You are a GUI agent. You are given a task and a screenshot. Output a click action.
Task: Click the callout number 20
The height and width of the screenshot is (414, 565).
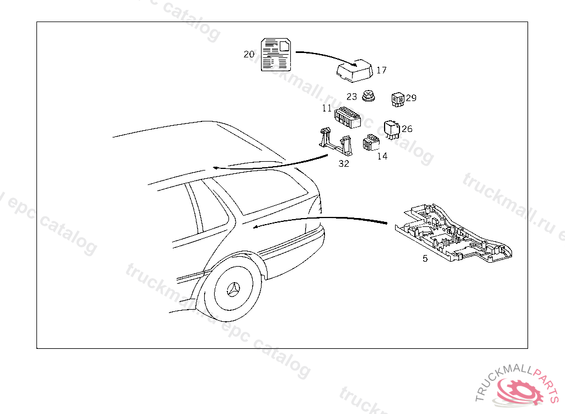click(x=249, y=54)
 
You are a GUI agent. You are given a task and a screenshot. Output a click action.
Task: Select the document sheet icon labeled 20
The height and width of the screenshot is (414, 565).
click(x=276, y=54)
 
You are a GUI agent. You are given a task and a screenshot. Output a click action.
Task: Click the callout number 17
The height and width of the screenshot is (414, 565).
click(x=381, y=70)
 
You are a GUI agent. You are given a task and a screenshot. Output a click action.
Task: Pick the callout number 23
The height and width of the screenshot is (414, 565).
click(x=352, y=97)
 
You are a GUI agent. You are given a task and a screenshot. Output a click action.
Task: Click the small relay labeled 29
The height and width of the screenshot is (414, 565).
click(x=397, y=99)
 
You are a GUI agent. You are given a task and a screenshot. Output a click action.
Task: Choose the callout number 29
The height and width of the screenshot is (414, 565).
click(x=411, y=98)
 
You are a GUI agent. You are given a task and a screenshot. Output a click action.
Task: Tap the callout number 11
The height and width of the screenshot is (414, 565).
click(x=327, y=109)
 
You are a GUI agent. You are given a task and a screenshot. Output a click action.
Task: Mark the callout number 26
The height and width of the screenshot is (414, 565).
click(x=407, y=129)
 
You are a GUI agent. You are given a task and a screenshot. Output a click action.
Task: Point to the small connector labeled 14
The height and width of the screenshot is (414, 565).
click(x=370, y=142)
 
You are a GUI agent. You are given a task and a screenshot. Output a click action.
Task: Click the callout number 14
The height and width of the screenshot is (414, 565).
click(x=382, y=156)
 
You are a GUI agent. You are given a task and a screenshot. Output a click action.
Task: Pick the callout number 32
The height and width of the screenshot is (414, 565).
click(x=344, y=164)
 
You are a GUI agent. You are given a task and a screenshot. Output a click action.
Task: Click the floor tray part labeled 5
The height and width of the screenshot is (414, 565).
click(x=452, y=232)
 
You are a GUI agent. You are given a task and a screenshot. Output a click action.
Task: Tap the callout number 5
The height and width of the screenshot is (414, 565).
click(x=425, y=258)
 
